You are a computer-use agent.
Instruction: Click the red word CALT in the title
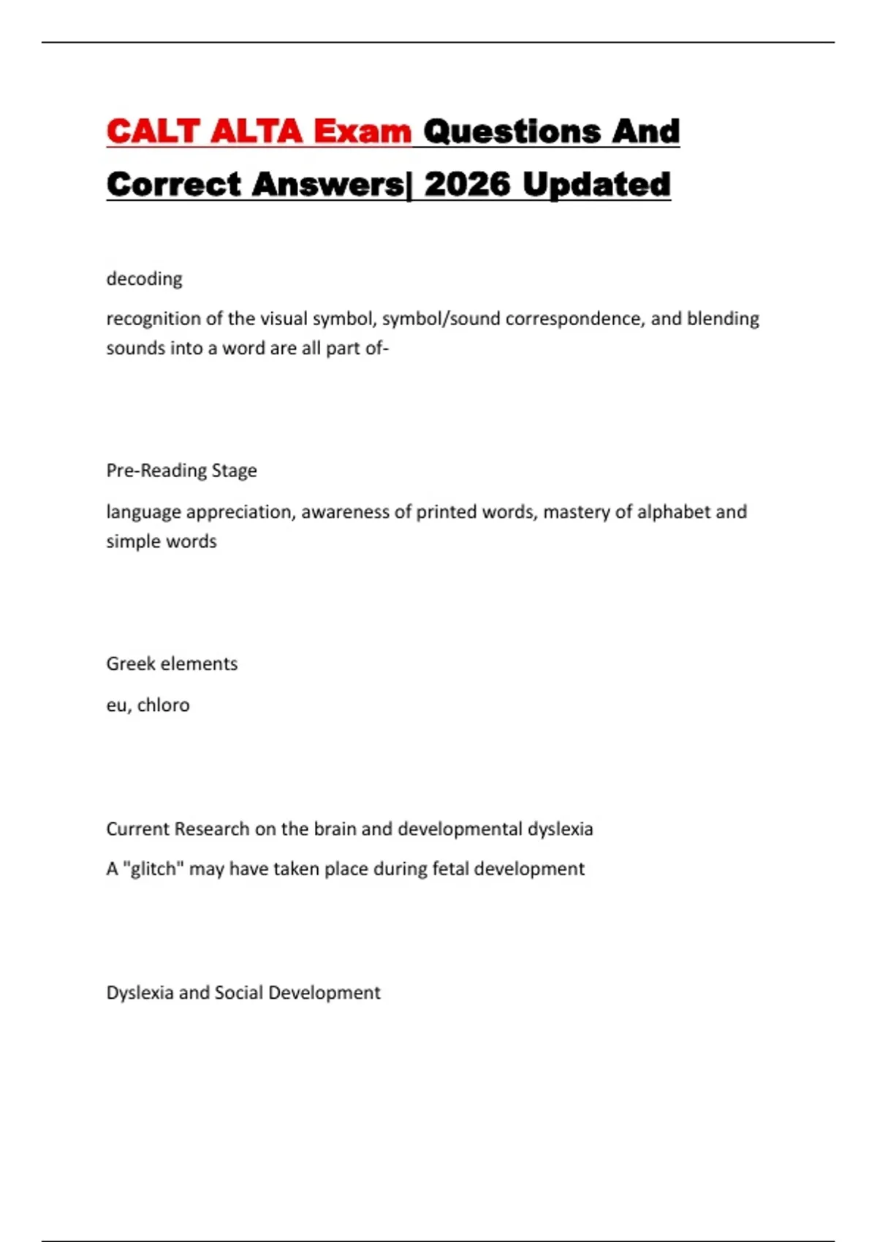point(153,132)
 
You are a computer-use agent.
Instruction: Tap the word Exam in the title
point(362,132)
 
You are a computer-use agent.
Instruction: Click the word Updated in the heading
point(596,184)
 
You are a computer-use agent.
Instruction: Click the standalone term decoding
point(144,279)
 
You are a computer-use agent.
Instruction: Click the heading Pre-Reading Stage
point(181,470)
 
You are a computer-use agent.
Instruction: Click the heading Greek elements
point(172,663)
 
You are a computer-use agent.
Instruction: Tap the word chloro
point(163,705)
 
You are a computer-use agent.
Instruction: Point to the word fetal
point(451,869)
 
